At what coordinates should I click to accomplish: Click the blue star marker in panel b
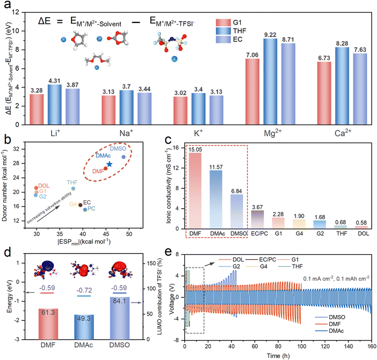109,164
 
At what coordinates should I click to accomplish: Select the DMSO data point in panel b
124,157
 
